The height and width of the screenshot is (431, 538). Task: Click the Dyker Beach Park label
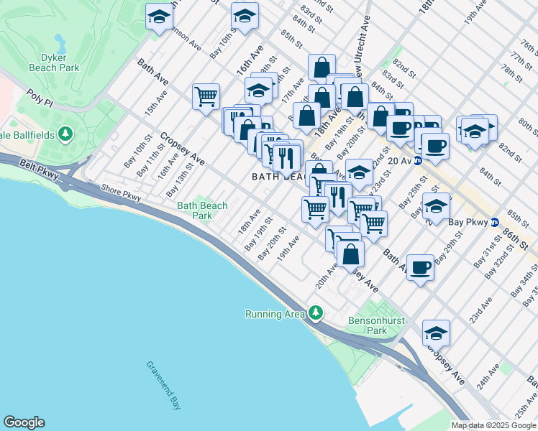pos(53,62)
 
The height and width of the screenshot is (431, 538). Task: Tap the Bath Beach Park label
pos(203,210)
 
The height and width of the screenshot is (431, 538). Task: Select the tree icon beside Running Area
pos(315,314)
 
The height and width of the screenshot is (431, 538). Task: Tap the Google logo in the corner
pos(24,422)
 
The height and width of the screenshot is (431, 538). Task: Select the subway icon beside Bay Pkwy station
pos(495,222)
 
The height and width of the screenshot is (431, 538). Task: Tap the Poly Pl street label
pos(40,96)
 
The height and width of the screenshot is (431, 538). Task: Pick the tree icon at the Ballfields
pos(65,134)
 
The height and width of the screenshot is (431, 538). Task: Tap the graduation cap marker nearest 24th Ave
pos(436,333)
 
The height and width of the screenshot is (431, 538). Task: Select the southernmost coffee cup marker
pos(420,268)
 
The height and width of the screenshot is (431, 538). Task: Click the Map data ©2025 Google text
pos(493,425)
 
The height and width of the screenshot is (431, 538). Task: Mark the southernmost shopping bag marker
pos(350,254)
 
